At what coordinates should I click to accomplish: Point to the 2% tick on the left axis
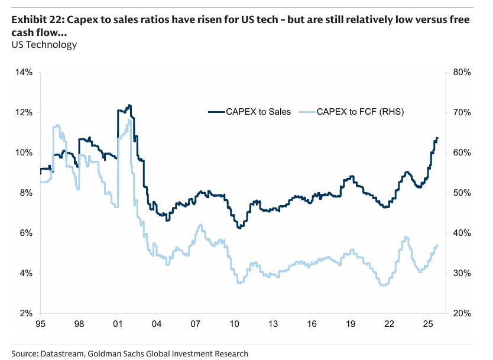[x=25, y=313]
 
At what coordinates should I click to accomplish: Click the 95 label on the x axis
[x=41, y=325]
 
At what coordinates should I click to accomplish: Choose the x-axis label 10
[x=234, y=325]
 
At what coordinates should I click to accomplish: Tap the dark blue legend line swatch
[x=219, y=111]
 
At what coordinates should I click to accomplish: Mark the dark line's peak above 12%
[x=129, y=105]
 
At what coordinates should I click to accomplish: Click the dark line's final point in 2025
[x=437, y=138]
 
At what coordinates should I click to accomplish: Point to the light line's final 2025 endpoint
[x=437, y=245]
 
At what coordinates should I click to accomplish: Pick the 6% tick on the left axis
[x=25, y=233]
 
